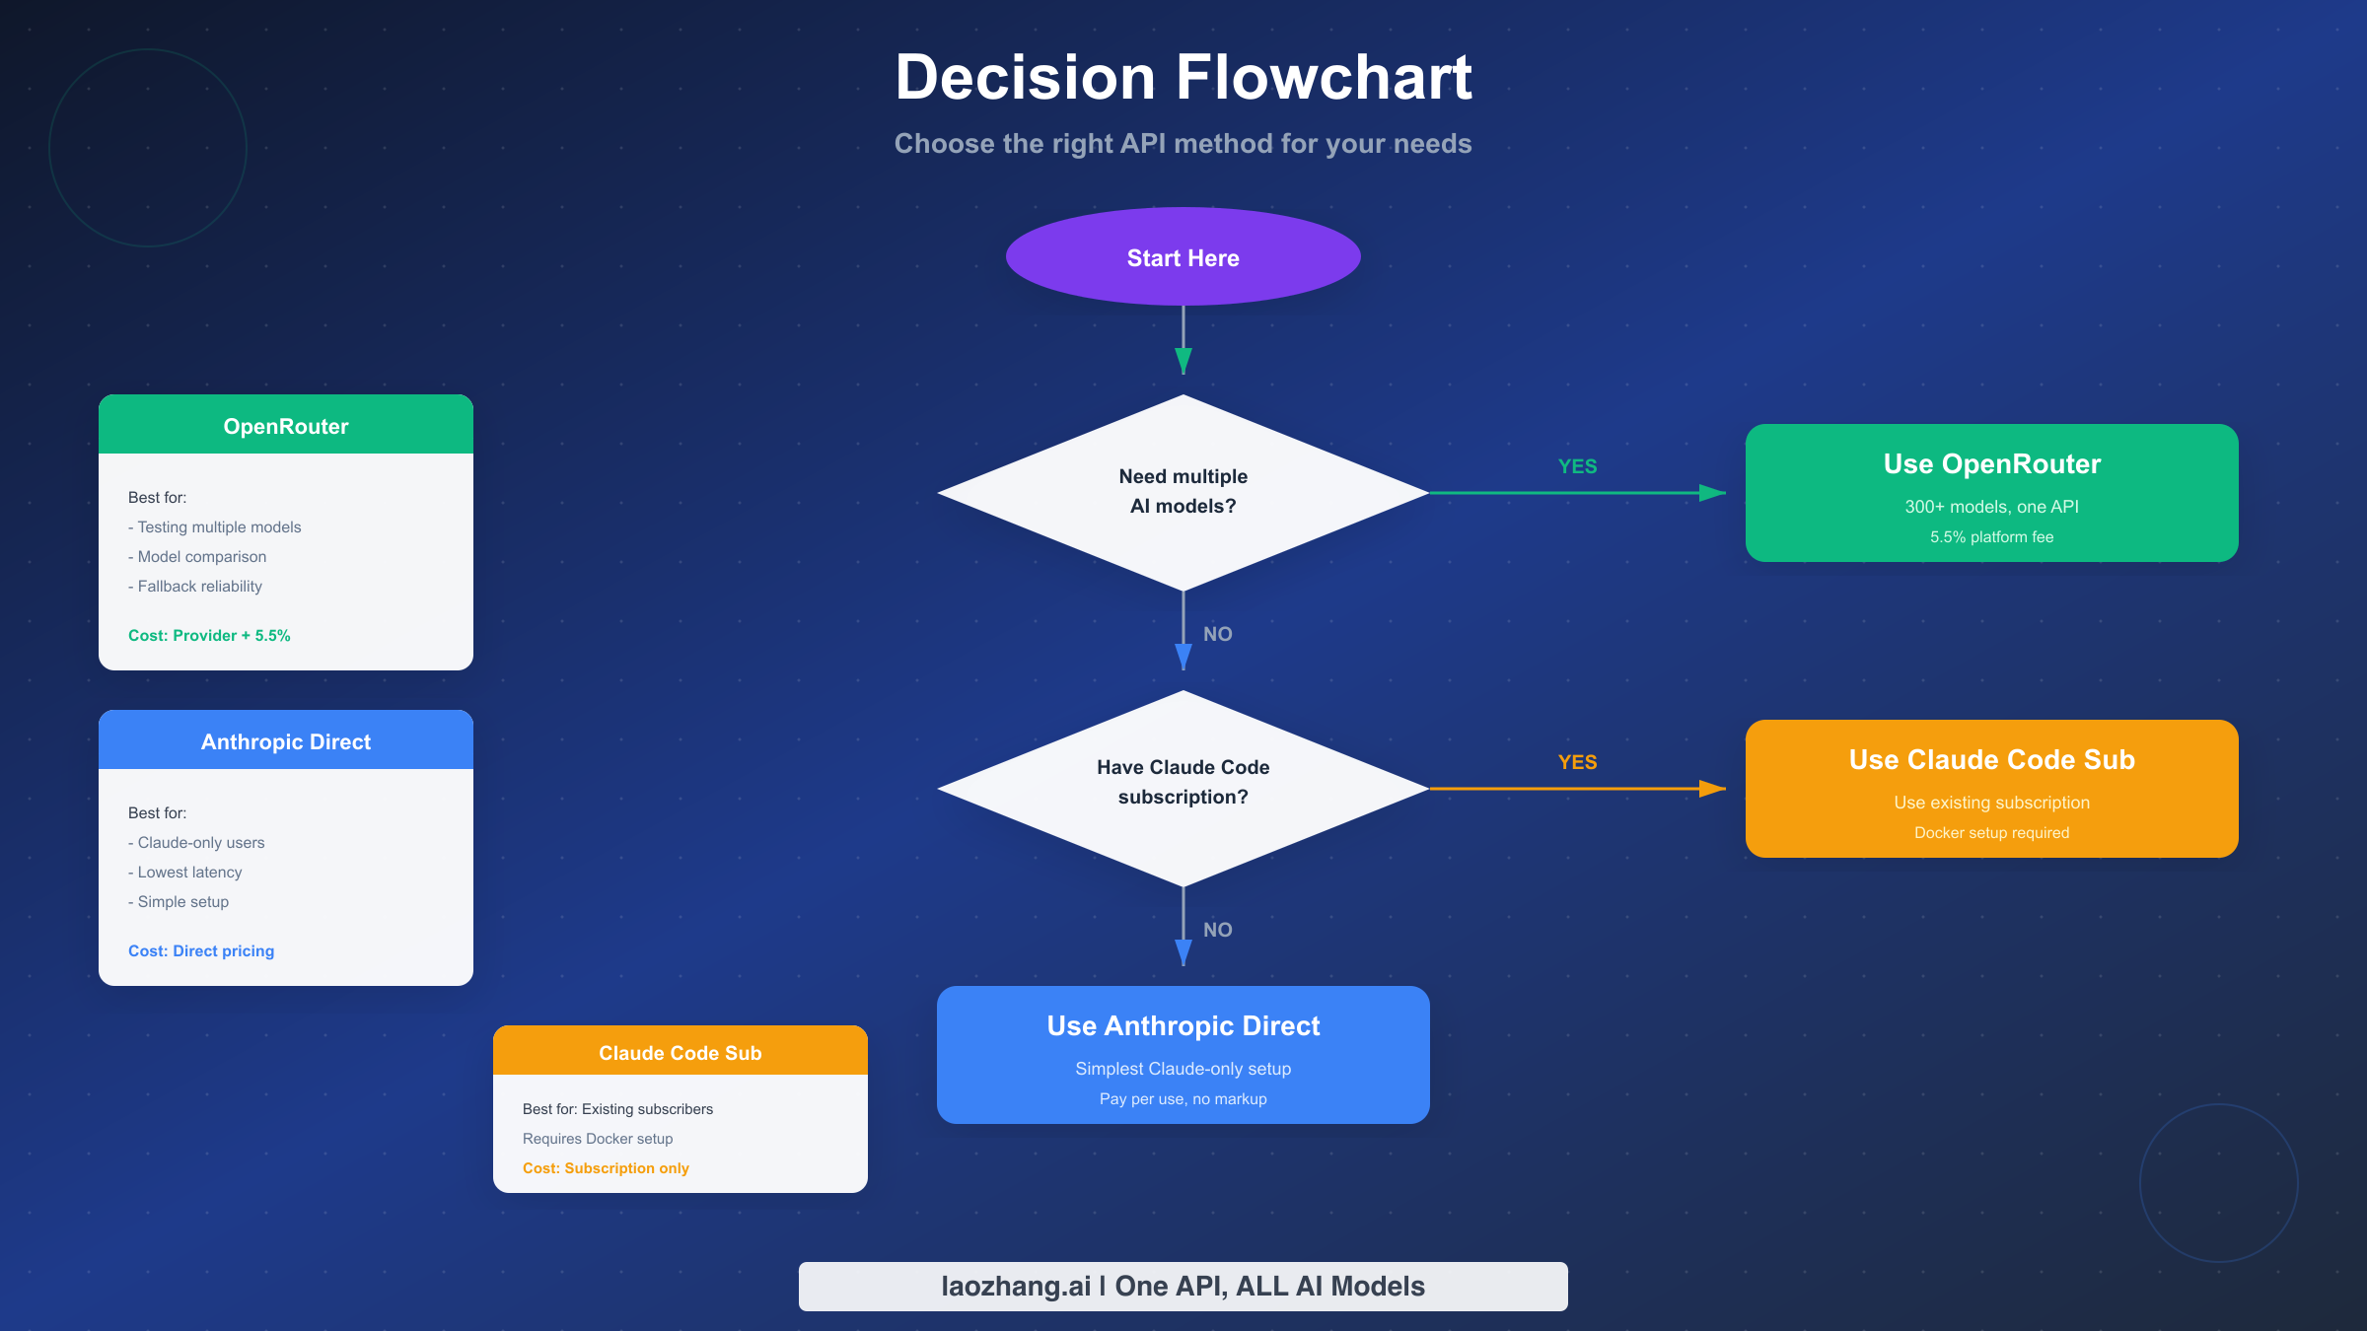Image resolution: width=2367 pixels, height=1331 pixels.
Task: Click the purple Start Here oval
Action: [1183, 257]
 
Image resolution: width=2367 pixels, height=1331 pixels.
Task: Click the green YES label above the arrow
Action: [1577, 466]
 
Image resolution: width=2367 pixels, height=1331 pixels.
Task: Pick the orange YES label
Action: [1577, 762]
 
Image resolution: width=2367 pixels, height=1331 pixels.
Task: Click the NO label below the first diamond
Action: [1217, 634]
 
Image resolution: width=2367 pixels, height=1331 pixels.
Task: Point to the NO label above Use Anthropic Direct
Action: [1217, 930]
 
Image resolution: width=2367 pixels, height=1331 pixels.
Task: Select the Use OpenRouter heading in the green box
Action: [1991, 464]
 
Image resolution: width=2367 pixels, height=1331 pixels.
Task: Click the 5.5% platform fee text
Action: [1991, 537]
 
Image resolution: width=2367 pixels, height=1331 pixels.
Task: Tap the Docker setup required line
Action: [1991, 833]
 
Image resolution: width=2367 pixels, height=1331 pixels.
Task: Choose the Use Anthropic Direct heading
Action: [1183, 1026]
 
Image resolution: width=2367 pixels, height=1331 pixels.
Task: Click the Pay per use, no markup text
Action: [1183, 1099]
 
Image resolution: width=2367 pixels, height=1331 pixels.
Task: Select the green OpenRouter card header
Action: [286, 426]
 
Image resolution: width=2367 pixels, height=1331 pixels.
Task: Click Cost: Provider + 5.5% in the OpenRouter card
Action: [209, 636]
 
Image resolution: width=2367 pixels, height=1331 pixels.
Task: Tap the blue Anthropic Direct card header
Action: [286, 741]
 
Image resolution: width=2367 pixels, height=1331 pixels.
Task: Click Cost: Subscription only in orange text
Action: [606, 1168]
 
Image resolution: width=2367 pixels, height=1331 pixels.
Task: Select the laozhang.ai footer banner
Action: [1183, 1286]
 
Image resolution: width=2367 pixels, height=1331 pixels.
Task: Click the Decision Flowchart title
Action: [1183, 78]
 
